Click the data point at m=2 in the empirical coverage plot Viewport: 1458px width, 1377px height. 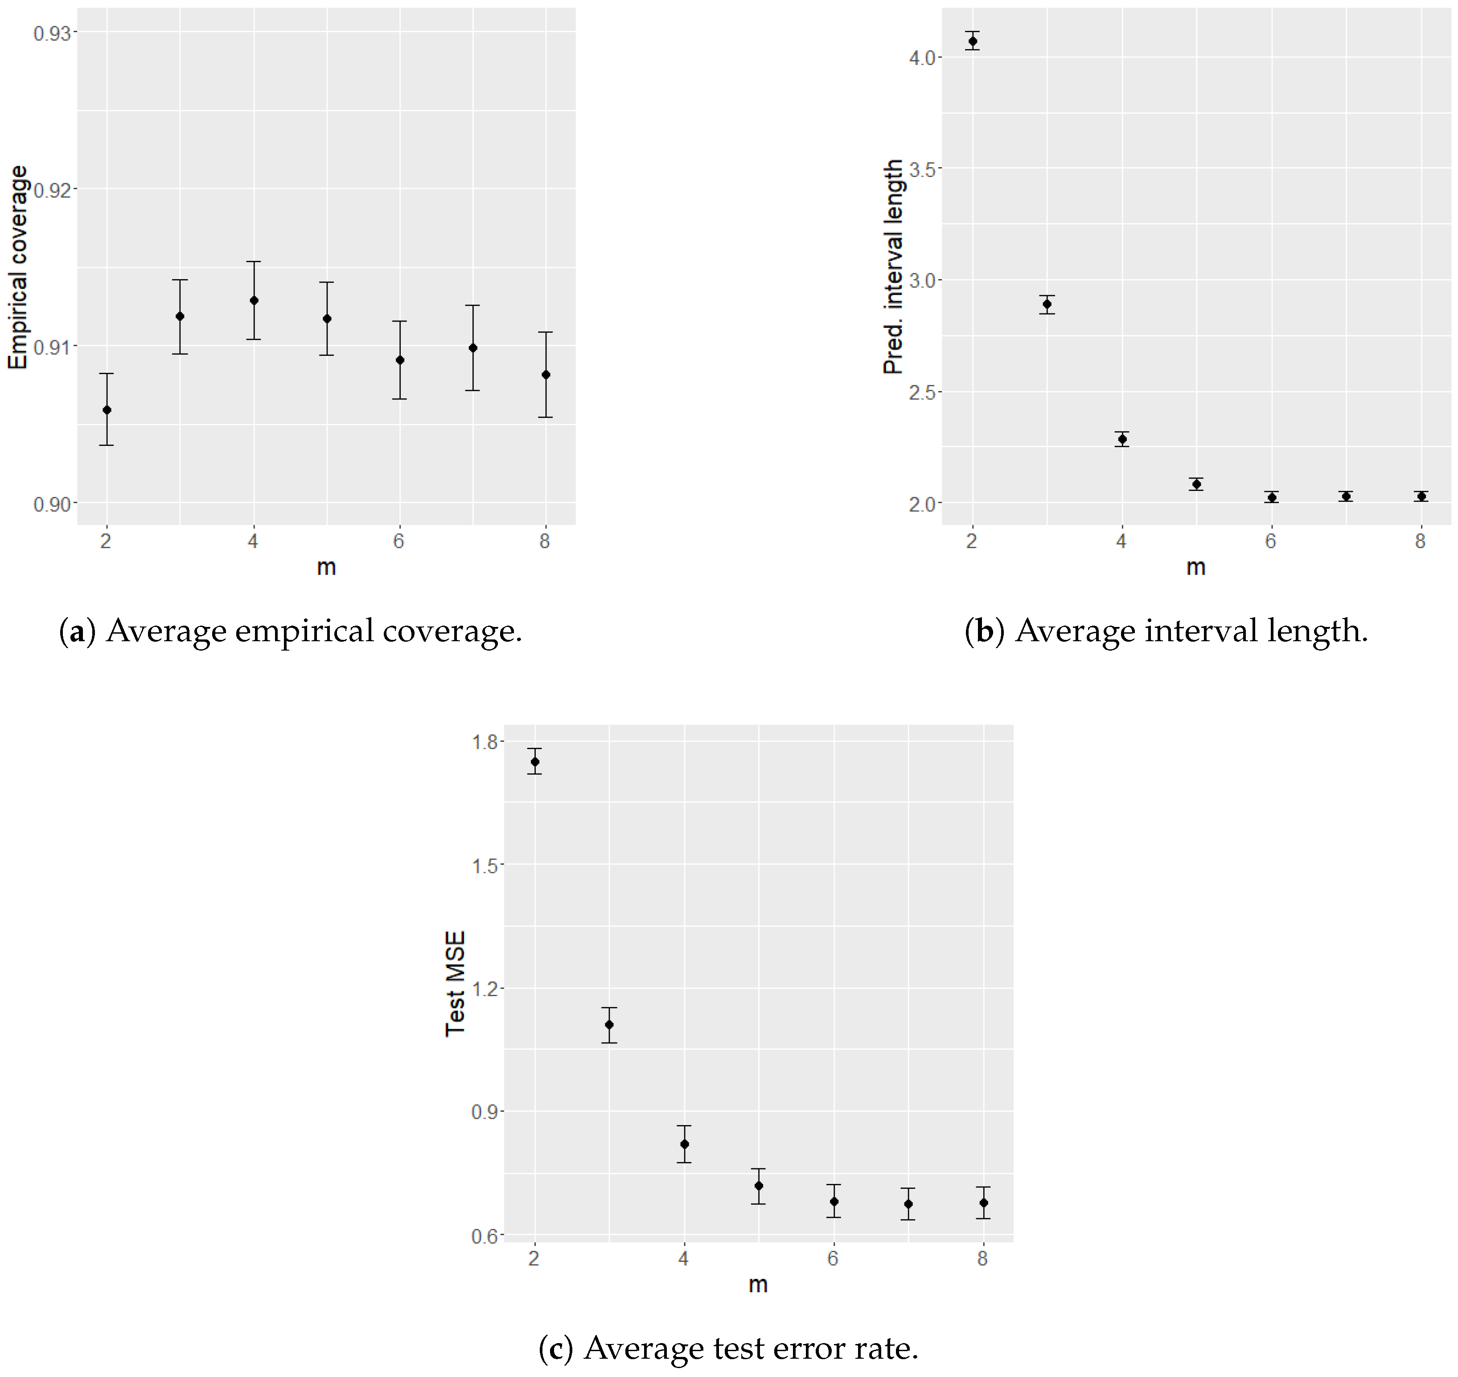pyautogui.click(x=107, y=409)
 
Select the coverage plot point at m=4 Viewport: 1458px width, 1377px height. pyautogui.click(x=254, y=300)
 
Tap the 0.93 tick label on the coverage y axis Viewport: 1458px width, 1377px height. pyautogui.click(x=53, y=33)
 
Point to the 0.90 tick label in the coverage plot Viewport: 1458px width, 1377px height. pyautogui.click(x=53, y=504)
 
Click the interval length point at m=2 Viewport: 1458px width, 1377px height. pyautogui.click(x=973, y=41)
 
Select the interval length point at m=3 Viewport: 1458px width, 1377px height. pyautogui.click(x=1047, y=304)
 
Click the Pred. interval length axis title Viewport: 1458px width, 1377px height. pyautogui.click(x=893, y=267)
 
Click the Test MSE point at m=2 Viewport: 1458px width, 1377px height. pyautogui.click(x=535, y=761)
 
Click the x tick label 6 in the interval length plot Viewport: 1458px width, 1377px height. pyautogui.click(x=1271, y=541)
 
